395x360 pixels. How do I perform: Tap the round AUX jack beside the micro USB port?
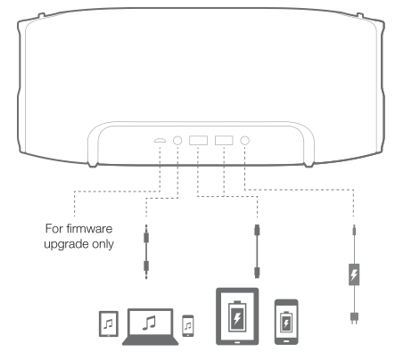[177, 140]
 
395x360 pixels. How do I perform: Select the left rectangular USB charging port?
[199, 140]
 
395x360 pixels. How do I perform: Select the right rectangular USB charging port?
[223, 140]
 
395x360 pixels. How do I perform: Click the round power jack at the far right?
[243, 140]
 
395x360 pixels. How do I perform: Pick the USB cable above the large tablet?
[257, 252]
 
